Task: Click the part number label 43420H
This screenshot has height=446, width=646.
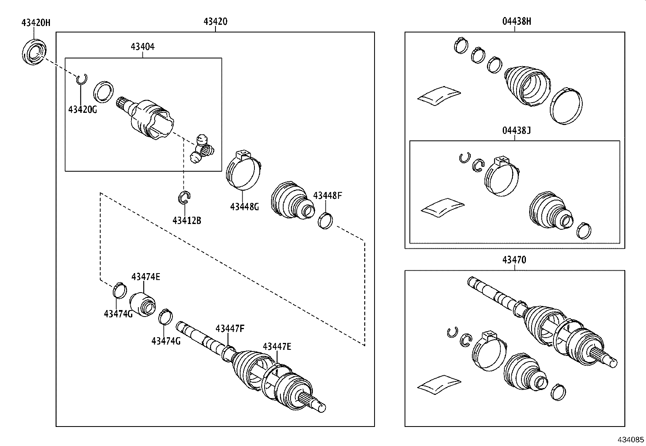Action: coord(36,22)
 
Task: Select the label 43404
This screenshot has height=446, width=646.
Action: coord(142,47)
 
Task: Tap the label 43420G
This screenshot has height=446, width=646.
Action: coord(82,109)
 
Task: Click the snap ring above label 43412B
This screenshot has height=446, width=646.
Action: coord(185,197)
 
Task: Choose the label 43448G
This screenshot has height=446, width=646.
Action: coord(244,207)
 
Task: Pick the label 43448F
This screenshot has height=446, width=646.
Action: coord(327,196)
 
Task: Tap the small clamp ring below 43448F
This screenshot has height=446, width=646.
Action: coord(325,220)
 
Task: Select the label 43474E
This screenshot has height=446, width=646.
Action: coord(146,277)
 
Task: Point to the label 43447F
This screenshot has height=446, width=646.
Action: coord(230,328)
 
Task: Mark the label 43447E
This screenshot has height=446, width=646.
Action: coord(277,346)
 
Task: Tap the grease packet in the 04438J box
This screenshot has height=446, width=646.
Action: coord(442,206)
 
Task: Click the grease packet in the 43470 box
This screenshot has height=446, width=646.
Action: coord(439,384)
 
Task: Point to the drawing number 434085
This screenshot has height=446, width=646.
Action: coord(631,440)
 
